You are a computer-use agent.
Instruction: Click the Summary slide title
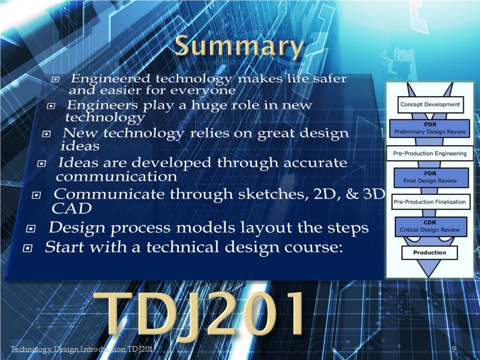[239, 46]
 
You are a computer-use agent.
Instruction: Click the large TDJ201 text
[199, 313]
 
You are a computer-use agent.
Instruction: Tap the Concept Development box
[430, 104]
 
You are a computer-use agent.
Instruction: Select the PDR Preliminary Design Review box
[430, 128]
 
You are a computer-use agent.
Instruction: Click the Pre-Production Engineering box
[430, 153]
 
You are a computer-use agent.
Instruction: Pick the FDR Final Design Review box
[431, 177]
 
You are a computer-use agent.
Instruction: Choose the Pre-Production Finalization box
[431, 202]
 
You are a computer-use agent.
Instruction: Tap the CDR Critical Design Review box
[431, 226]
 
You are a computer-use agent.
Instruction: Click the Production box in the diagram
[430, 253]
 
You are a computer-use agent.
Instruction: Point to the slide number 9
[454, 349]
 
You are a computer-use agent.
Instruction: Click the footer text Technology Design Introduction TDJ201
[82, 349]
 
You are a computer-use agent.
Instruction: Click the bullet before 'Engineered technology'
[55, 80]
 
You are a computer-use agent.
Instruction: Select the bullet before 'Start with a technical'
[27, 248]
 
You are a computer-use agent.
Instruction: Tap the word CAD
[71, 208]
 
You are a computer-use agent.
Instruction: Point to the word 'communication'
[116, 176]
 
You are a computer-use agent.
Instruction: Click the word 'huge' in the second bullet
[209, 106]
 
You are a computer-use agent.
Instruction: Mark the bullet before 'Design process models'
[31, 229]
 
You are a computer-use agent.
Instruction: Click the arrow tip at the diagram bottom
[428, 277]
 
